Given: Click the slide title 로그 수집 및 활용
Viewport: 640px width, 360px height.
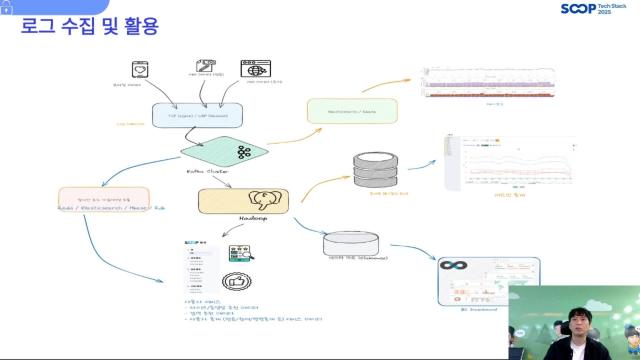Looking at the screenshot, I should [x=89, y=26].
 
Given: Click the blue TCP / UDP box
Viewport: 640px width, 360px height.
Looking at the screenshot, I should [x=197, y=115].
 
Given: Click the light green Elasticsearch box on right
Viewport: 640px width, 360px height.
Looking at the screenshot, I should [x=351, y=111].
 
